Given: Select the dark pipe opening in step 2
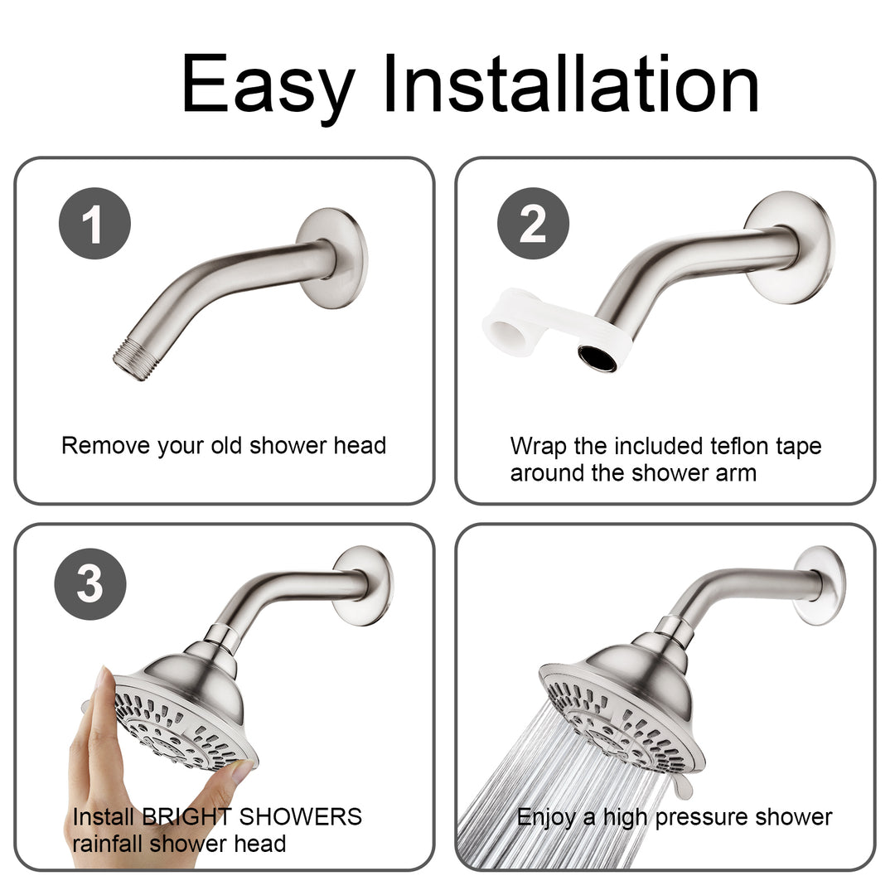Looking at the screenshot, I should tap(597, 358).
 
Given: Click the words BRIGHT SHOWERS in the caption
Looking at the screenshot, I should tap(252, 816).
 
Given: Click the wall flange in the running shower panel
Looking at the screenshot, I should tap(819, 585).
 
